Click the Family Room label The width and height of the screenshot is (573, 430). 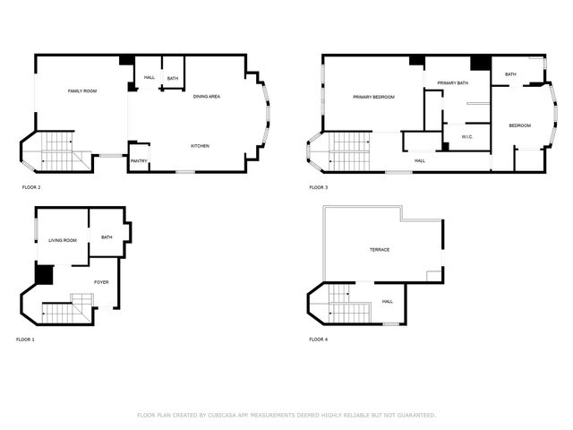(82, 91)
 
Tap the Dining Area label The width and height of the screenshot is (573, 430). (207, 96)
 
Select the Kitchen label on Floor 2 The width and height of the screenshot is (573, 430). (200, 145)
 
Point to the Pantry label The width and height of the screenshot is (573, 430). (139, 161)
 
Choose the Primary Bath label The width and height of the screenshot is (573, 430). (453, 83)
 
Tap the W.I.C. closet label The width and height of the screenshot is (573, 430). (467, 136)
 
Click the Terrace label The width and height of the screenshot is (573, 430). (380, 249)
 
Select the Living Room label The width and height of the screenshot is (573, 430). (63, 240)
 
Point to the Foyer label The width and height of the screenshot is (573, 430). (101, 282)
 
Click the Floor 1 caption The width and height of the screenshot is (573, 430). (25, 340)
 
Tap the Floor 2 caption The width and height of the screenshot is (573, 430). (31, 187)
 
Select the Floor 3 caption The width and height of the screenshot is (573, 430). (319, 187)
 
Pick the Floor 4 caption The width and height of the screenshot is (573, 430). (319, 340)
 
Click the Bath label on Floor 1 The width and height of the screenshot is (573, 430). (107, 237)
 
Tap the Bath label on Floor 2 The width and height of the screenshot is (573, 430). (172, 79)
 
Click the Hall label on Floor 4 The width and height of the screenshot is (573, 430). (388, 301)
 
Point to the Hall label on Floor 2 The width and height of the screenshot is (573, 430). (150, 79)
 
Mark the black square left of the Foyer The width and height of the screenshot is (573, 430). (44, 275)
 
